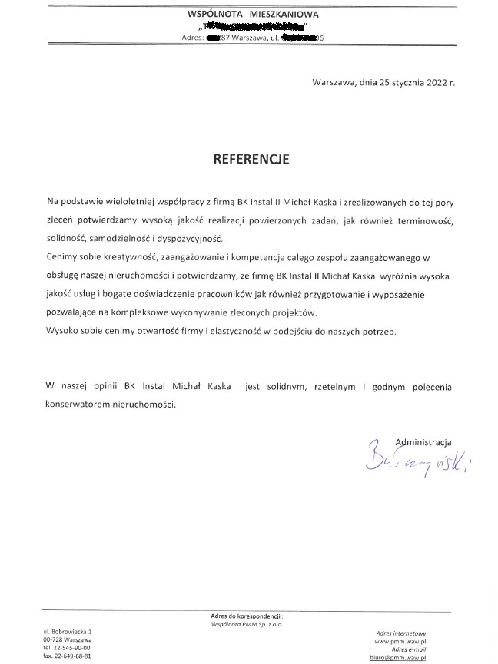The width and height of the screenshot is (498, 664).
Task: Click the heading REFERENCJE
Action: point(251,160)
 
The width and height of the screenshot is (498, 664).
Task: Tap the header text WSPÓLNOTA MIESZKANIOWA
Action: point(253,14)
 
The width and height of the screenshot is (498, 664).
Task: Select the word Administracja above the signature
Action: point(422,441)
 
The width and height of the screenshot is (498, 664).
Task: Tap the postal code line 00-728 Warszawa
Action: point(68,639)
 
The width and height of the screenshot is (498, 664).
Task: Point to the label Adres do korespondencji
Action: point(247,616)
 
